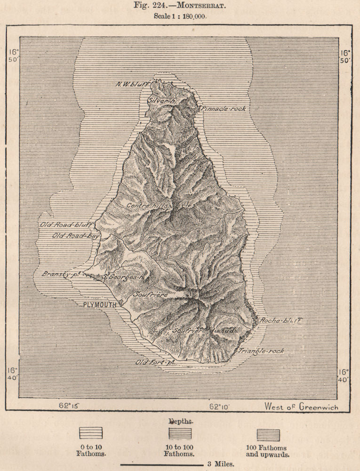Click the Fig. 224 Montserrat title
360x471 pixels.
pos(180,6)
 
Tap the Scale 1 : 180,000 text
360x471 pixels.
pos(180,16)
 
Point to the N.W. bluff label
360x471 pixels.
pos(132,85)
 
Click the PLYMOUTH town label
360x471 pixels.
pos(99,305)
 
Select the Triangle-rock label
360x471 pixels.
pos(261,351)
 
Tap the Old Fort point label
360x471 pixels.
pos(155,362)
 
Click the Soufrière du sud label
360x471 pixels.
pos(203,331)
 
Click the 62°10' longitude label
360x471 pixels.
pos(220,405)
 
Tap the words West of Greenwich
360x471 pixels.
pos(301,406)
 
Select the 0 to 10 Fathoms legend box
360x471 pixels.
pos(91,433)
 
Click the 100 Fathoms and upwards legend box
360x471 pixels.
pos(268,435)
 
